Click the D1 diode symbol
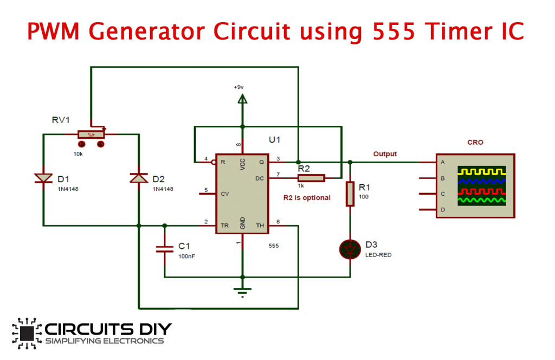(x=43, y=178)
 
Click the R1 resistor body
(x=350, y=194)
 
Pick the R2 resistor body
(x=310, y=177)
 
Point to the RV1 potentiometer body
(x=92, y=134)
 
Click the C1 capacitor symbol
(x=165, y=249)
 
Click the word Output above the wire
(x=385, y=154)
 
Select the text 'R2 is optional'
(x=307, y=198)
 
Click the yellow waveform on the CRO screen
(x=482, y=172)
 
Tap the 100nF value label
(x=186, y=256)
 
